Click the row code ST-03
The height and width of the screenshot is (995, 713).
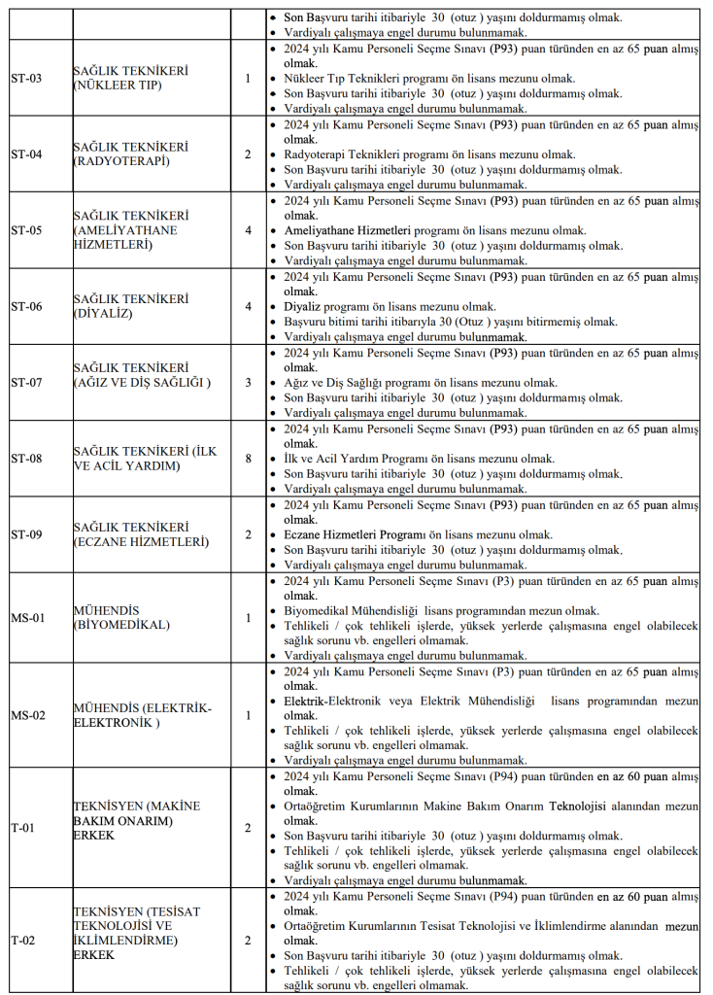coord(26,78)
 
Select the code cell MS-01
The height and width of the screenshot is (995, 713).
coord(27,618)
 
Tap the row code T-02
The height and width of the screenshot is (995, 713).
coord(23,941)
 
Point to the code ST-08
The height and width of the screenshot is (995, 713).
coord(26,459)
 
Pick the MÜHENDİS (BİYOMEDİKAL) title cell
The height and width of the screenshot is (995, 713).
coord(120,618)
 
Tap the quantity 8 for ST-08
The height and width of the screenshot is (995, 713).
coord(248,459)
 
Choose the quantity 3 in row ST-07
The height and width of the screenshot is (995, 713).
coord(248,382)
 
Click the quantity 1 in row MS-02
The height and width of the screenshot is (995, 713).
coord(248,715)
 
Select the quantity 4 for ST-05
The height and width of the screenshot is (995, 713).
coord(248,230)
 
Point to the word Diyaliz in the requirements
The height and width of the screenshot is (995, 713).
coord(302,306)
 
